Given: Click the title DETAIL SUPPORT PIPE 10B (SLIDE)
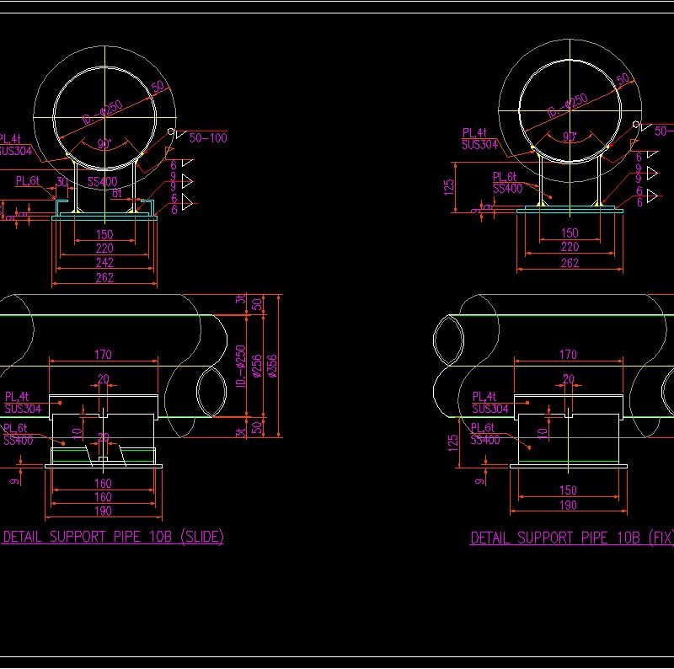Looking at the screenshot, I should (x=114, y=537).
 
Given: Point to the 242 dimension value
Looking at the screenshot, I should (x=104, y=263).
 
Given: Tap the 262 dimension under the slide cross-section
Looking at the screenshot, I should (x=104, y=277).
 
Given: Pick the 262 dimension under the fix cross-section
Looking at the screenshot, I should (x=570, y=263).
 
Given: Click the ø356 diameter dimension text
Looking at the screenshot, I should (x=270, y=364).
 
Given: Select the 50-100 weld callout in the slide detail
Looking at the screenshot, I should (x=208, y=137).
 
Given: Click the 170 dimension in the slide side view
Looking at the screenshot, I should (x=103, y=355).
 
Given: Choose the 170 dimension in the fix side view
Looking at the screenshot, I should (x=569, y=355).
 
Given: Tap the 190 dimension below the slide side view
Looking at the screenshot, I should (x=103, y=511).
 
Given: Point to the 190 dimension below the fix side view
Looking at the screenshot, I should (x=569, y=506).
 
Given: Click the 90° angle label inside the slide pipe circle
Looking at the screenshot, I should (x=104, y=145).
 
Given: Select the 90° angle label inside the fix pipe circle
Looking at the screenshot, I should (x=570, y=137).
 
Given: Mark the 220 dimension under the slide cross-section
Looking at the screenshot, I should (x=104, y=249).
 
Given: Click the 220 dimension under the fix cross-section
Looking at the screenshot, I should (x=570, y=247).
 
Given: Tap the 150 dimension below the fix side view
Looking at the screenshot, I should (x=569, y=490).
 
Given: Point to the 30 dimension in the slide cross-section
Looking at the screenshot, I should (x=62, y=182).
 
